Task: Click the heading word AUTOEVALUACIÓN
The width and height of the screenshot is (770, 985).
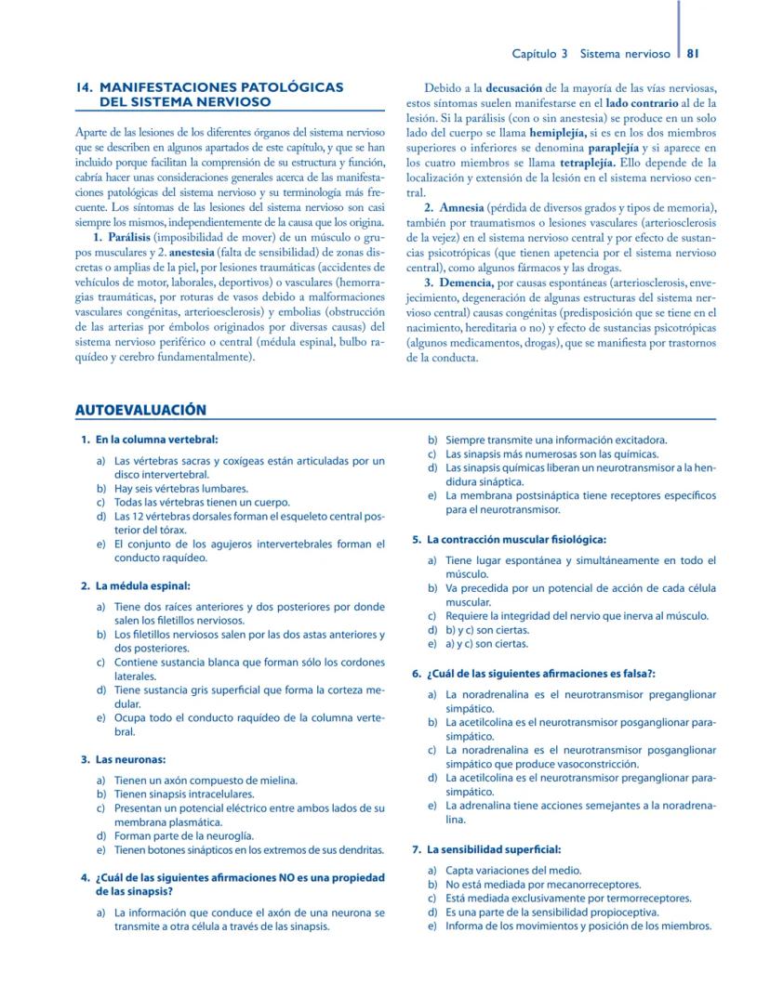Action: [139, 410]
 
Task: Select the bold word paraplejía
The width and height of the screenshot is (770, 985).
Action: [616, 149]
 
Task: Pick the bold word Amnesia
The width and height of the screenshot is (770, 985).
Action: [461, 207]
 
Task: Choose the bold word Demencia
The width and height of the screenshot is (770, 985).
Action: [466, 282]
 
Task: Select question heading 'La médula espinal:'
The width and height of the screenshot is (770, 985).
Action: [141, 586]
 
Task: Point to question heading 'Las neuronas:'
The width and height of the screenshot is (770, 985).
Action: [130, 760]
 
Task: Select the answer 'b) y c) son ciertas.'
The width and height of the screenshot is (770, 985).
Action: [486, 630]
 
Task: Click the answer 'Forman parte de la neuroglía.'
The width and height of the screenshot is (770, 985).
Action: [183, 836]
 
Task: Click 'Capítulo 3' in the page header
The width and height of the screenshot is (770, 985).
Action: [540, 54]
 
